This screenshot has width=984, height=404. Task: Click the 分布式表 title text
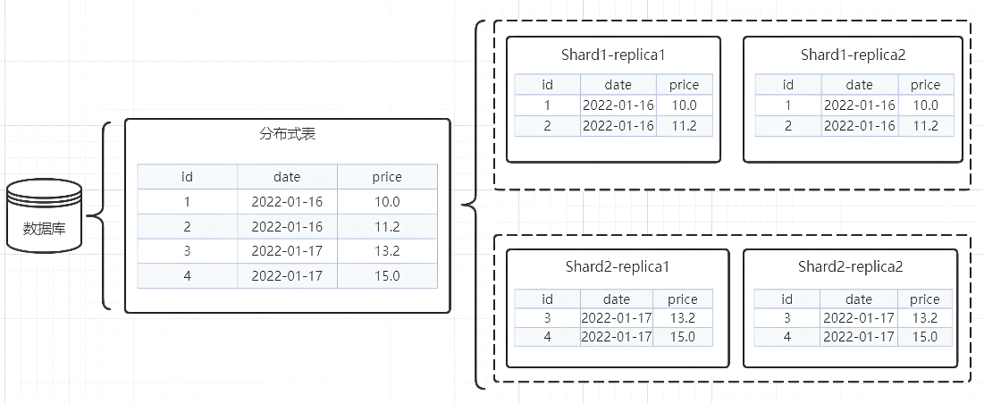coord(287,135)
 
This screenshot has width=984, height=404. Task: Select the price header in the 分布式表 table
coord(387,177)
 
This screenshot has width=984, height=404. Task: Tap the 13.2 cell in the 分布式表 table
coord(387,251)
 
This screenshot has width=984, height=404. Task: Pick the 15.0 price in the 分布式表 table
coord(387,276)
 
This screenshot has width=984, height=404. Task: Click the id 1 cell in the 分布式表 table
coord(187,202)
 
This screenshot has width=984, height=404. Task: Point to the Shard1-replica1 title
coord(613,55)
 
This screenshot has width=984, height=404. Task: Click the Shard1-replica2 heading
coord(853,55)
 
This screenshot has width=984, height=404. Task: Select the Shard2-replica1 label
coord(617,266)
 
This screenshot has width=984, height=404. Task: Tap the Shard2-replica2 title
coord(850,266)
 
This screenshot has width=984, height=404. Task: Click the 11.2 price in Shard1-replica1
coord(684,125)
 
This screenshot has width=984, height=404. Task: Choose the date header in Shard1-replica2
coord(859,85)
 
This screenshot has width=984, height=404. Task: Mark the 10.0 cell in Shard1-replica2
coord(925,105)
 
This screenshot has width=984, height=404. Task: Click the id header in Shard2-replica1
coord(547,299)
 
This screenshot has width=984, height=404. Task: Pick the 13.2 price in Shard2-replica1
coord(682,318)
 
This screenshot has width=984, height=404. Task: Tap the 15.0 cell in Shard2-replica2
coord(924,337)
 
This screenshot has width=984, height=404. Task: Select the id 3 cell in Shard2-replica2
coord(787,318)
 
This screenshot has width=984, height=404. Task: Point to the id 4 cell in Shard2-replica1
coord(547,337)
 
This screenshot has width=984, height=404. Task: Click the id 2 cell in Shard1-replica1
coord(547,125)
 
